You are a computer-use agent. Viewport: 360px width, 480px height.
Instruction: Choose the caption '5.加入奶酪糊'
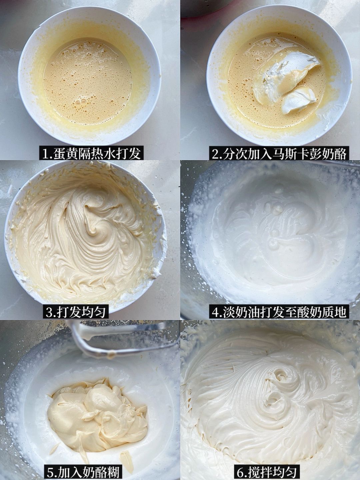83,472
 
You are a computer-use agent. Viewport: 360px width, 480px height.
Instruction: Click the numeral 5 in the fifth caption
51,472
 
